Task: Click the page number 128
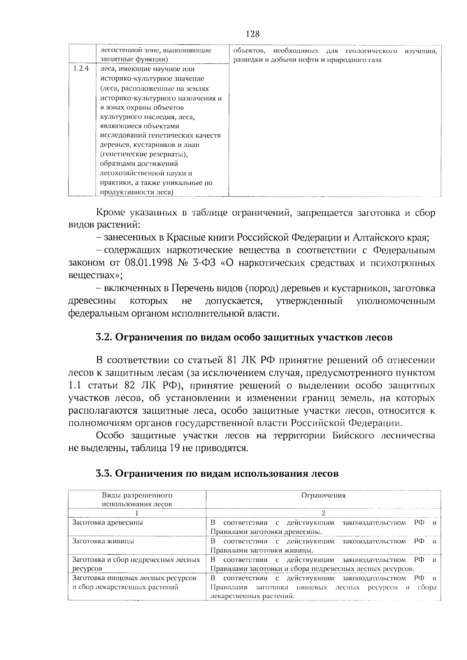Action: (x=253, y=34)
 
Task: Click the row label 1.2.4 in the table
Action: (x=81, y=69)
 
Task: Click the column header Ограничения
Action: (x=323, y=496)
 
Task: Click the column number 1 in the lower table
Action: (x=137, y=513)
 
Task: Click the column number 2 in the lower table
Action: (x=323, y=513)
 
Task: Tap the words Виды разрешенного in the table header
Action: (x=137, y=496)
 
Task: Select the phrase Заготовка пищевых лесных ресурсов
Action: (x=134, y=578)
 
